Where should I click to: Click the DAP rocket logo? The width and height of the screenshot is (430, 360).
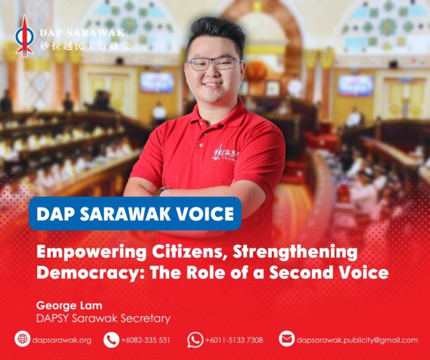[25, 36]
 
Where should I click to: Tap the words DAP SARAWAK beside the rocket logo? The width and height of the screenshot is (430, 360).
[82, 33]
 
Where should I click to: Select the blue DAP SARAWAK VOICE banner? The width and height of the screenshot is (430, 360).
[135, 214]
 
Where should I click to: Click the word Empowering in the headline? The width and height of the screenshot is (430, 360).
[91, 252]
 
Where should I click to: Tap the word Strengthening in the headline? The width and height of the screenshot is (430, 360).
[295, 252]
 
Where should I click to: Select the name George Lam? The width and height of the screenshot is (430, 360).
[69, 306]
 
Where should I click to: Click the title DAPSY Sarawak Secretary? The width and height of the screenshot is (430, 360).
[103, 319]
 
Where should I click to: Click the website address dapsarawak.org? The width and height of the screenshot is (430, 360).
[62, 340]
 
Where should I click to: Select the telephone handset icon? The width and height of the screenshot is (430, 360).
[111, 340]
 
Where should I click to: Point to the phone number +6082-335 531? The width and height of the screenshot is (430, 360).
[146, 340]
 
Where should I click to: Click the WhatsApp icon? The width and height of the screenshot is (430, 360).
[195, 340]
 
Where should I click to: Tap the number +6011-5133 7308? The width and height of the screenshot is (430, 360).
[234, 340]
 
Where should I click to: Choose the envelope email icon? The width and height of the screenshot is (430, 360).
[287, 339]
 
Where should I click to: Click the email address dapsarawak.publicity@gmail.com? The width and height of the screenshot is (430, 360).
[357, 340]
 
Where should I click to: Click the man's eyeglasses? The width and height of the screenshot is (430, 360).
[214, 64]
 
